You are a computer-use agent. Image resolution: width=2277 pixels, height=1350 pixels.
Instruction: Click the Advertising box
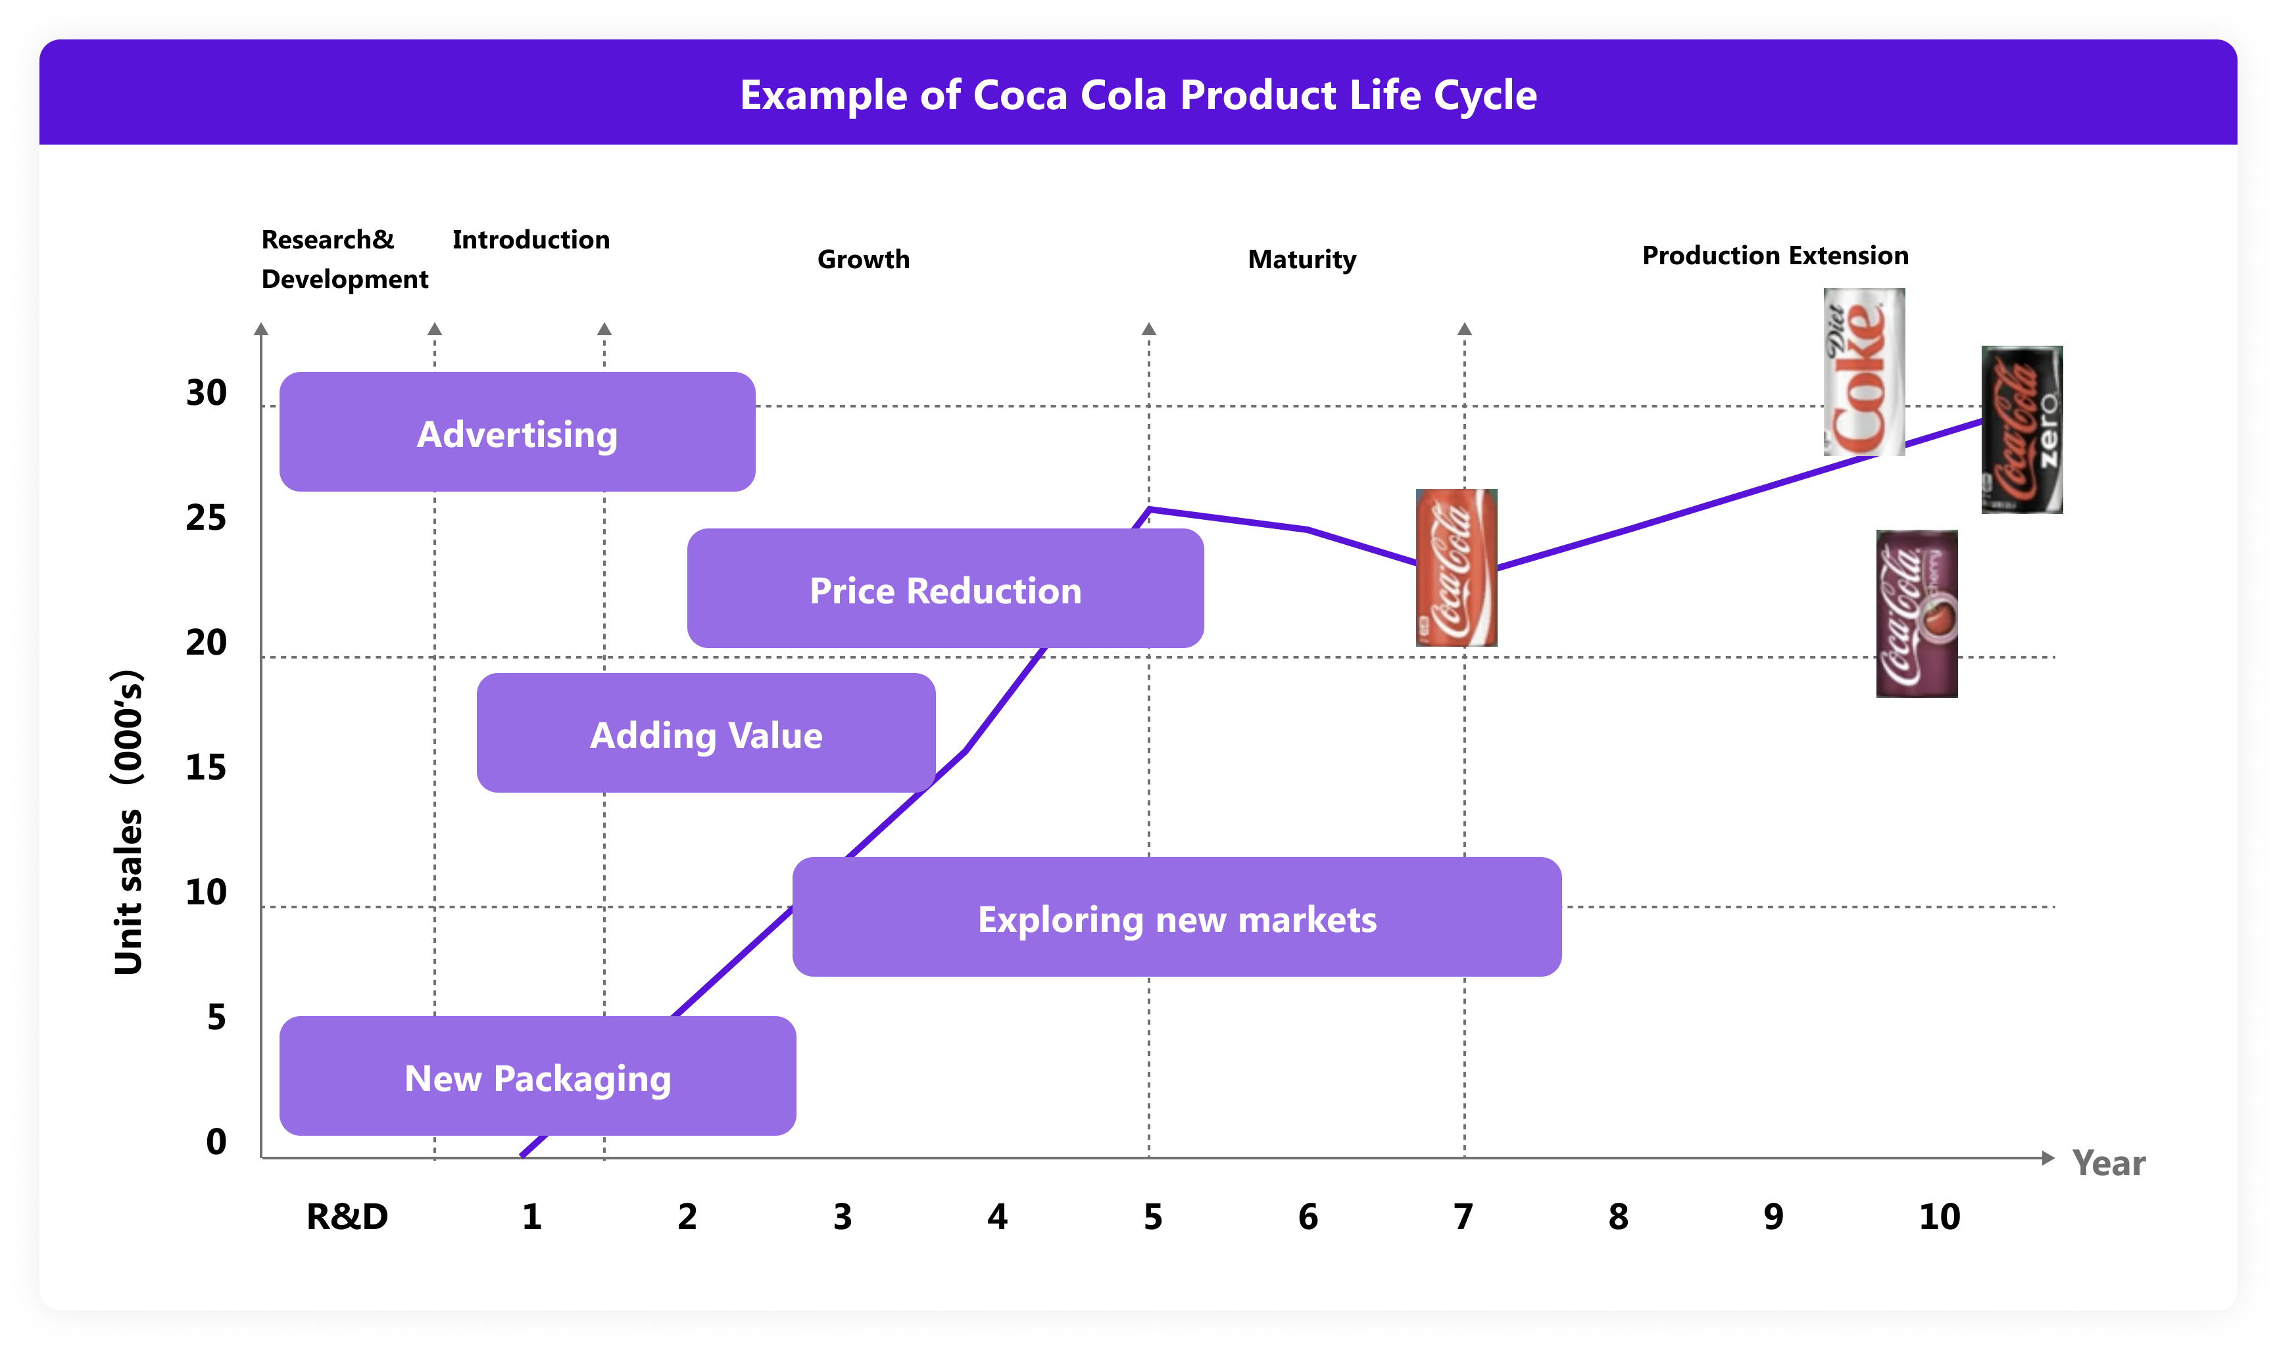pos(517,432)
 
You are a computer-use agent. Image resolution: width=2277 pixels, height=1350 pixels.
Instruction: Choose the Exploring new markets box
pos(1176,917)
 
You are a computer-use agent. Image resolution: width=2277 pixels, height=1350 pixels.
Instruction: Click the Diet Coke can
pos(1864,372)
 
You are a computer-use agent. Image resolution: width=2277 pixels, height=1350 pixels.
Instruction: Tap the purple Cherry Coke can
pos(1916,614)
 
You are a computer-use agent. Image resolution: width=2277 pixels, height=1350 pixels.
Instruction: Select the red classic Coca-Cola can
pos(1456,568)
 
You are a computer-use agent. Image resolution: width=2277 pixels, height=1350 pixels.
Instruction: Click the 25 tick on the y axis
pos(206,518)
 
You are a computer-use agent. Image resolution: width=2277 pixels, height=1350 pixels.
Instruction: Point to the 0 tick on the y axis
pos(216,1142)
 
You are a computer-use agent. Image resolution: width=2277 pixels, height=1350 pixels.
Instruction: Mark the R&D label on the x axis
pos(347,1217)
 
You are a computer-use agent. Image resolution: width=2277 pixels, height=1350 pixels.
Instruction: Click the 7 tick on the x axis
pos(1463,1217)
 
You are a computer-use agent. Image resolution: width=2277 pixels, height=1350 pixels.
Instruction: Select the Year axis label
pos(2108,1163)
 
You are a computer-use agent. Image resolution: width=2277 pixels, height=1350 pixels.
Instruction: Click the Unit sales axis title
pos(128,822)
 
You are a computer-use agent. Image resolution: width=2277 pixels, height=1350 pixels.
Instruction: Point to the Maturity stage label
pos(1302,259)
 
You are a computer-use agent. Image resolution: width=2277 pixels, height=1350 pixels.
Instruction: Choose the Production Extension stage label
pos(1775,256)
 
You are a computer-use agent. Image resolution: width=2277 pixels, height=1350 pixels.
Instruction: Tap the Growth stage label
pos(863,259)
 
